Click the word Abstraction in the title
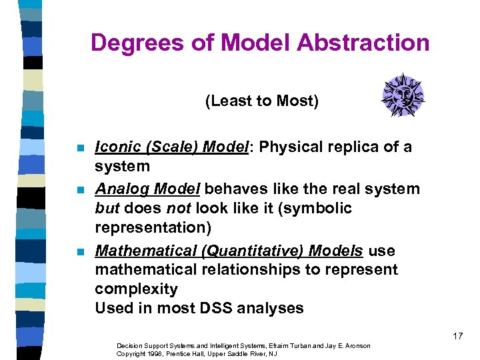click(x=363, y=43)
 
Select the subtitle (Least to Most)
click(x=262, y=101)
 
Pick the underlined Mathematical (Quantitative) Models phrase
click(x=229, y=251)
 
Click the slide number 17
click(x=457, y=336)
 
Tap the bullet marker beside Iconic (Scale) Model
click(x=80, y=148)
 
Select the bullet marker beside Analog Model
click(x=80, y=190)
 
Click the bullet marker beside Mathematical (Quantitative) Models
click(x=80, y=252)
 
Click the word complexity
click(x=136, y=289)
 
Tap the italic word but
click(x=107, y=208)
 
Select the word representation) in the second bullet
click(x=153, y=227)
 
